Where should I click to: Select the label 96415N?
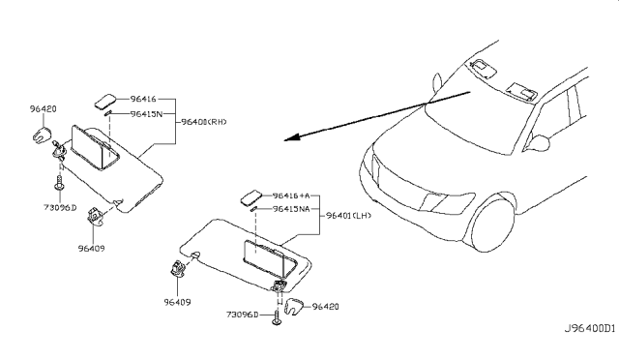tap(144, 113)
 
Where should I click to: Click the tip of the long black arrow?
tap(286, 140)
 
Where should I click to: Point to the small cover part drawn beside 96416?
tap(106, 100)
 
